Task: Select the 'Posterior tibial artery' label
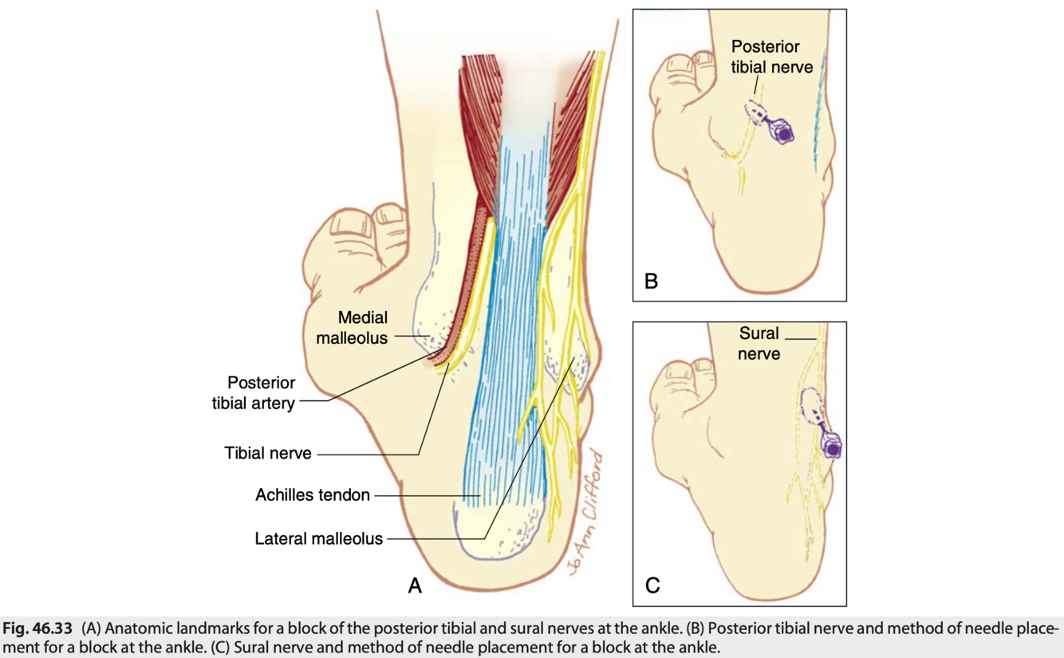coord(253,392)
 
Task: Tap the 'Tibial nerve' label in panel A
coord(267,454)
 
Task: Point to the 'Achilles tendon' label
coord(312,495)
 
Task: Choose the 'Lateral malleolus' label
coord(318,538)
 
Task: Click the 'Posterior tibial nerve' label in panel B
coord(771,57)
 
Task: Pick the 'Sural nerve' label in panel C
coord(759,342)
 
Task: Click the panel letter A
coord(414,586)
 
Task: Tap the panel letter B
coord(651,281)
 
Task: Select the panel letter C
coord(652,586)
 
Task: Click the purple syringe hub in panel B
coord(784,133)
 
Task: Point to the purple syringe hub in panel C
coord(832,448)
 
